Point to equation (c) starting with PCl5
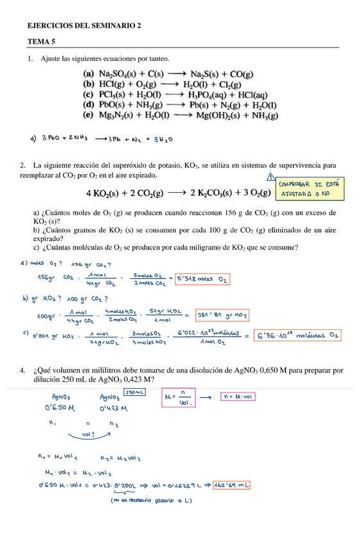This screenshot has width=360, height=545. click(x=177, y=94)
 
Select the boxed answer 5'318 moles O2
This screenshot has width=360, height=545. click(x=203, y=279)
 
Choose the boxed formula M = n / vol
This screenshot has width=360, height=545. click(x=179, y=398)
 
